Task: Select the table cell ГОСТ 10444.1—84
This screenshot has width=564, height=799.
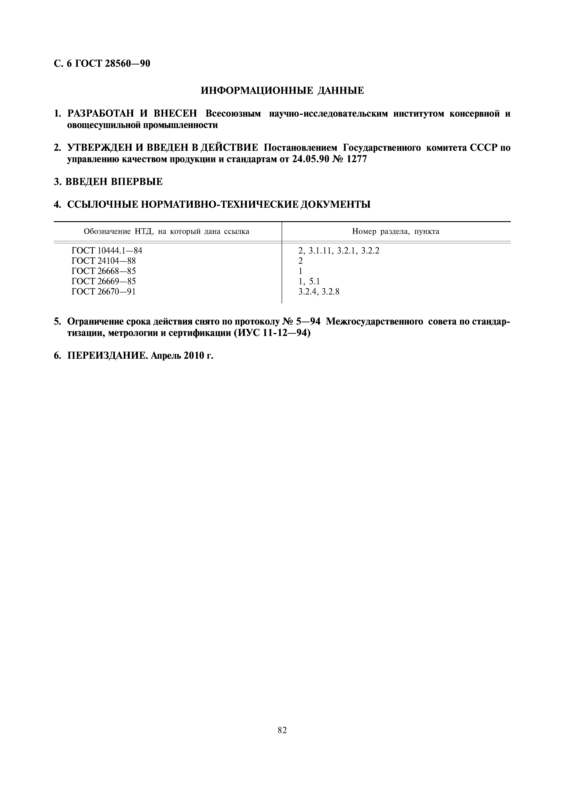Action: tap(107, 251)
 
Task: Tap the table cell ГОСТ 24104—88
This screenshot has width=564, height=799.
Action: tap(104, 261)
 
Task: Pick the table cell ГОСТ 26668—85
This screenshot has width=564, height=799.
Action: tap(104, 271)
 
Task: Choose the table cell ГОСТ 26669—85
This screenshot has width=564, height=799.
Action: tap(104, 281)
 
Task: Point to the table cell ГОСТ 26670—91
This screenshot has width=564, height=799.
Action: tap(104, 292)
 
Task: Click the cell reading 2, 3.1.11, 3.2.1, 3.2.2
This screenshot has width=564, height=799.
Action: tap(339, 251)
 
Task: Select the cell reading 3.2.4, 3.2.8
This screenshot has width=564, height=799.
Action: tap(319, 292)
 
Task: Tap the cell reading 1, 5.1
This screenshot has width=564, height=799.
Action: tap(309, 281)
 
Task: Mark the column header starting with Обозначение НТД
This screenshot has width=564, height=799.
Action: tap(167, 231)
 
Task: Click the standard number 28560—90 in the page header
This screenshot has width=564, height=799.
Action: tap(127, 64)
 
